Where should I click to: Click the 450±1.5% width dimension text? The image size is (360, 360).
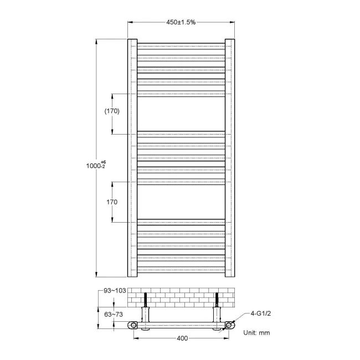(x=181, y=22)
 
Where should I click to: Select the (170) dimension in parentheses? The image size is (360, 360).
(x=112, y=111)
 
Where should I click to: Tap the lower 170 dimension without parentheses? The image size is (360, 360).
(x=112, y=202)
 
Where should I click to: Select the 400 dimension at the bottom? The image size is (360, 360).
(x=182, y=338)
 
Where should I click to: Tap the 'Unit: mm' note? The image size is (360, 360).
(x=256, y=333)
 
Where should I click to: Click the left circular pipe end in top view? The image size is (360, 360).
(x=135, y=325)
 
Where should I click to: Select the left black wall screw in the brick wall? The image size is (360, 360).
(x=146, y=299)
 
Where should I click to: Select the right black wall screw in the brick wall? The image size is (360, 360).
(x=217, y=299)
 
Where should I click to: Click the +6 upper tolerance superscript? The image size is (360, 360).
(x=103, y=161)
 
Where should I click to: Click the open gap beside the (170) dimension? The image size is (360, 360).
(x=181, y=114)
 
